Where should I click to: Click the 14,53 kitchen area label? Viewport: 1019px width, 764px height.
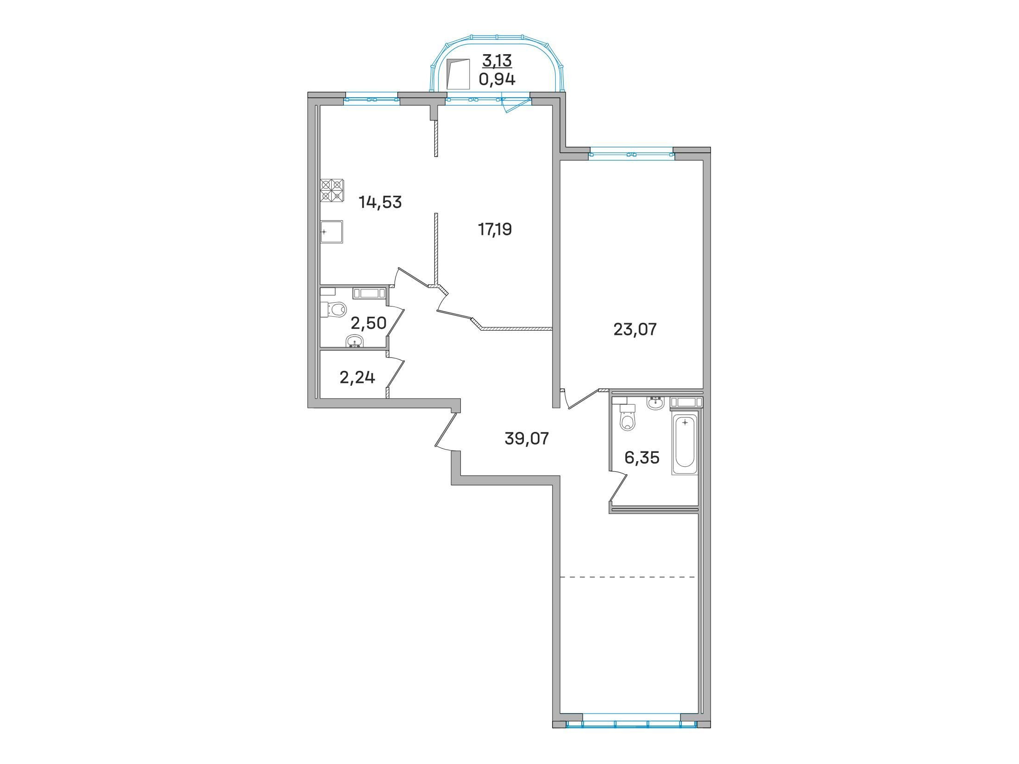coord(380,202)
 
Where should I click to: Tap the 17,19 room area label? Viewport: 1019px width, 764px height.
coord(495,229)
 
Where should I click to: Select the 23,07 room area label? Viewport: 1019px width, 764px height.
coord(635,329)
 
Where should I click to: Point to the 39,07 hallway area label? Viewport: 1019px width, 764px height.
coord(527,438)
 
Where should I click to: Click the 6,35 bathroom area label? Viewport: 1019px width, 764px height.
coord(642,457)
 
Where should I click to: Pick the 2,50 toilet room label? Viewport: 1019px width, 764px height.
coord(369,323)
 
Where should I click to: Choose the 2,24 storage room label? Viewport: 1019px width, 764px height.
coord(357,378)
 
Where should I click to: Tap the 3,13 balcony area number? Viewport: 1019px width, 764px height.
coord(497,60)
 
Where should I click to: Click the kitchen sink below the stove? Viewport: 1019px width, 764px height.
coord(332,232)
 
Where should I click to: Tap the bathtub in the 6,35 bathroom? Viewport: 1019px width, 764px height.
coord(685,443)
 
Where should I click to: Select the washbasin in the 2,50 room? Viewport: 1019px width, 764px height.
coord(355,341)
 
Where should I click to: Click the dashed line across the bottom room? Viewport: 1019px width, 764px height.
coord(628,577)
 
